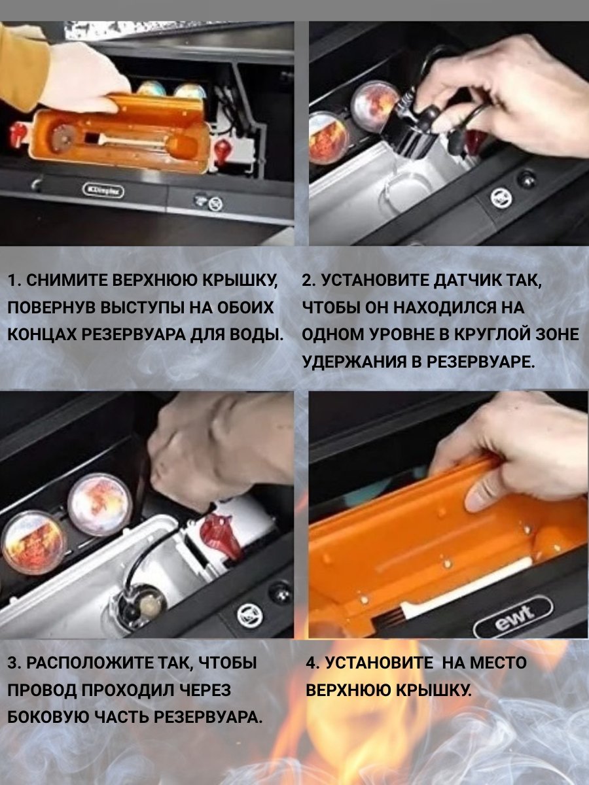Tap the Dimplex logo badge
click(103, 190)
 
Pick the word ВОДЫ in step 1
click(255, 335)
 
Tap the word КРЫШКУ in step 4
click(435, 690)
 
